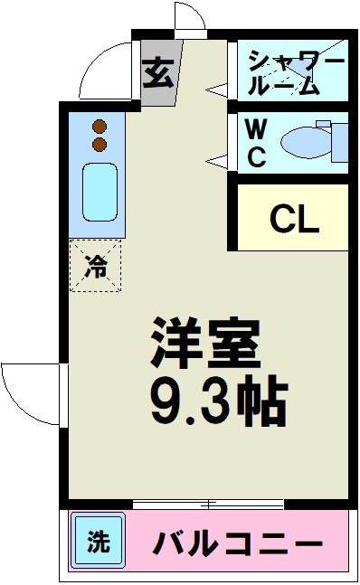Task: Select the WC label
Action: (x=256, y=143)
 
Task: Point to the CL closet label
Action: (x=295, y=219)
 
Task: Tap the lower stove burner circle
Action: (x=99, y=144)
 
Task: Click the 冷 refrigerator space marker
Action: (x=95, y=266)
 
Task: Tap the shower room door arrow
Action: (x=217, y=89)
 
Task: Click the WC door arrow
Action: (x=217, y=160)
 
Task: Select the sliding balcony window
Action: (x=208, y=503)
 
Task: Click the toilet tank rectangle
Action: (x=339, y=141)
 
